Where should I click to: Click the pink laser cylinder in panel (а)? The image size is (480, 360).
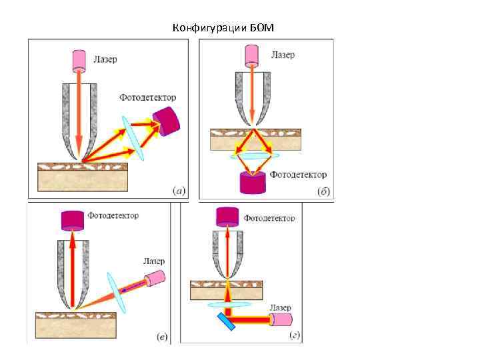(79, 59)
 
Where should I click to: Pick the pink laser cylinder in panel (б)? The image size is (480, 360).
(253, 55)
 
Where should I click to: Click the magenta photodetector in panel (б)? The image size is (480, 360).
(253, 182)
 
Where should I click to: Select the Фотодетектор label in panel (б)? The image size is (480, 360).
(299, 175)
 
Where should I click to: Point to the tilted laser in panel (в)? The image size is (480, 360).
(155, 279)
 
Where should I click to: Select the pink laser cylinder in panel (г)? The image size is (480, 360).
(279, 320)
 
